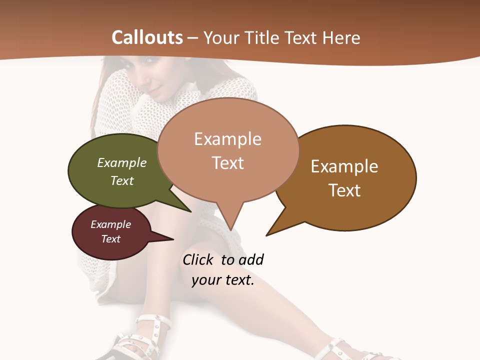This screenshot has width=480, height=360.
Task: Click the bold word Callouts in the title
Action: (147, 37)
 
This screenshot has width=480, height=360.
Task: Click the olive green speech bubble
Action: (115, 172)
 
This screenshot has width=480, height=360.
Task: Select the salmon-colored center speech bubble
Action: (228, 150)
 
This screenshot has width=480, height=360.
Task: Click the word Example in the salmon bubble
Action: (227, 139)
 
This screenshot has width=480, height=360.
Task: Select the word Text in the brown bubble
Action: (344, 190)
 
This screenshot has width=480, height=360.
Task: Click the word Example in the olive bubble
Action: (122, 162)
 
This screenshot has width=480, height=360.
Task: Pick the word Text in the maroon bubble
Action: (111, 239)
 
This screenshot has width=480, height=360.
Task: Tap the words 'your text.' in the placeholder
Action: (223, 280)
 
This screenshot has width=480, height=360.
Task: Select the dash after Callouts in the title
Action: (193, 37)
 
